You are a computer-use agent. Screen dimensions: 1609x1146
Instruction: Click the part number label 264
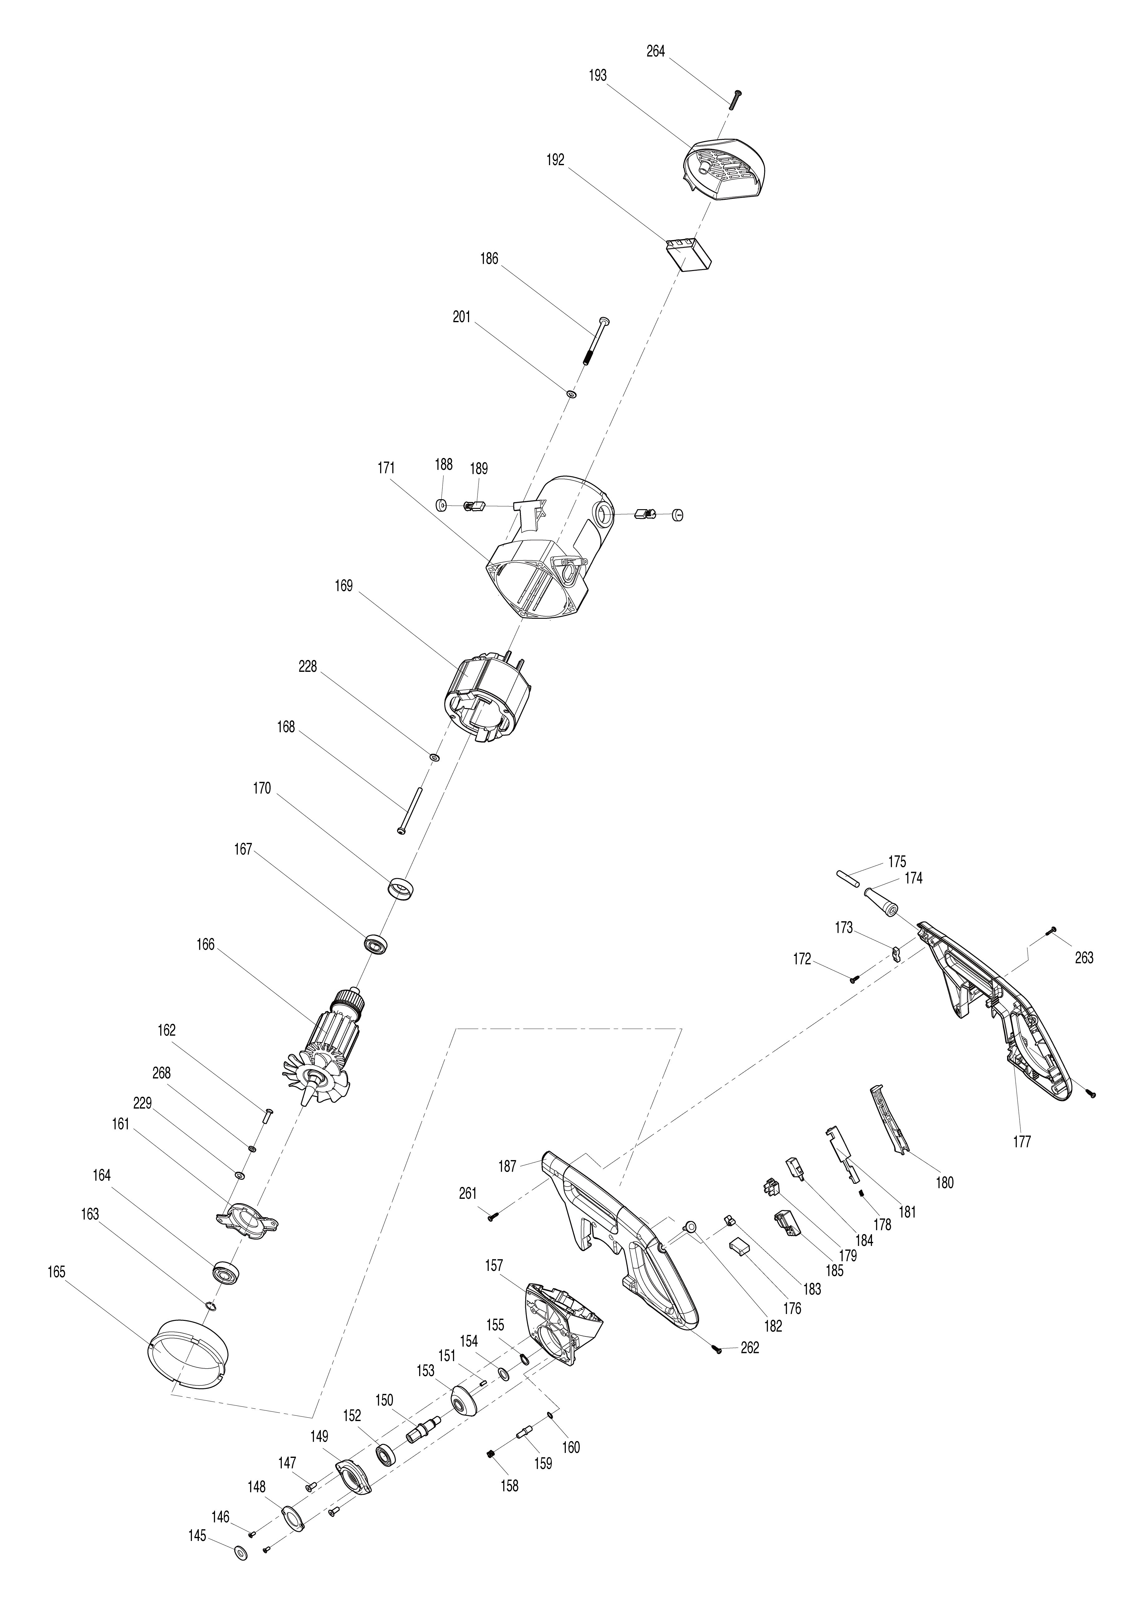click(x=656, y=52)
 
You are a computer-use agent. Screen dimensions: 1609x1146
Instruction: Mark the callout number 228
click(x=308, y=666)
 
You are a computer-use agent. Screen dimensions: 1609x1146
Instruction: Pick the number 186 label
click(x=489, y=259)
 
